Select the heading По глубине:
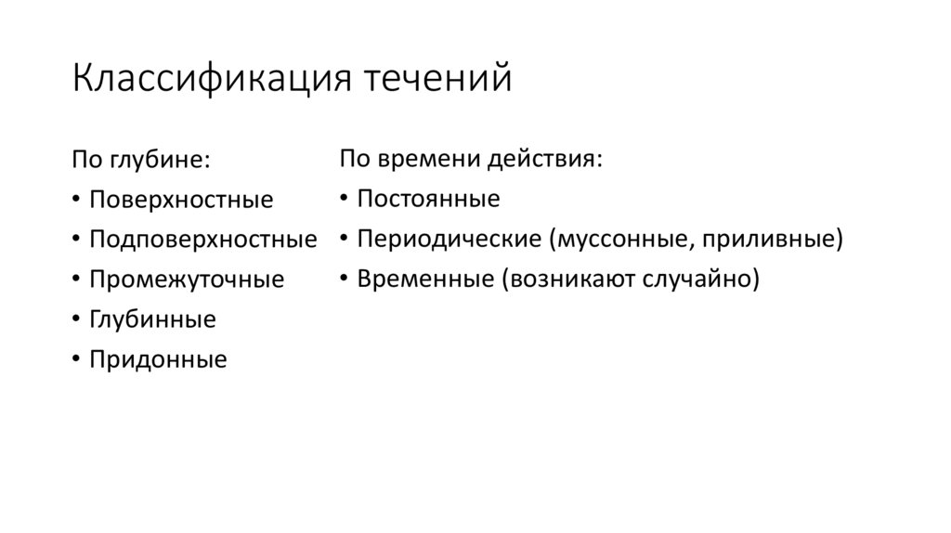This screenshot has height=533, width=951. tap(141, 160)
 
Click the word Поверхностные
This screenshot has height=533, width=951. tap(181, 200)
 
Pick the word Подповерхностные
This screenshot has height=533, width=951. tap(202, 240)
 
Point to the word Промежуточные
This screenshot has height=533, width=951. tap(187, 279)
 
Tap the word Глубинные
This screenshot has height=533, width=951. tap(152, 319)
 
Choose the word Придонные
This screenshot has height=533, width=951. tap(158, 359)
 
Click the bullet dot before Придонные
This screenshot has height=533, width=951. tap(75, 360)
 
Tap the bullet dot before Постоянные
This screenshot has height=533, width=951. tap(343, 199)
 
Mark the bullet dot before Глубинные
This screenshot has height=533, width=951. tap(75, 320)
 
